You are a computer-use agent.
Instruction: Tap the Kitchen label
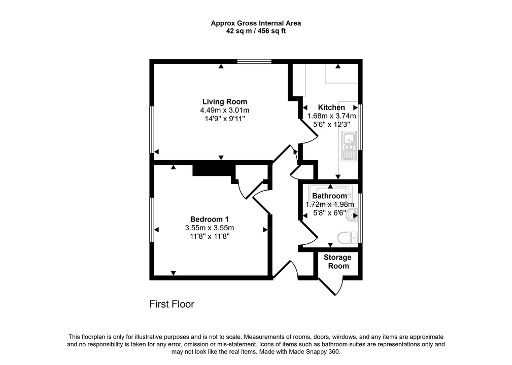point(331,107)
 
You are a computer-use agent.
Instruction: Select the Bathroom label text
point(329,196)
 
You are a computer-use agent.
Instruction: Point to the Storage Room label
point(338,262)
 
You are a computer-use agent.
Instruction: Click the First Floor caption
point(172,304)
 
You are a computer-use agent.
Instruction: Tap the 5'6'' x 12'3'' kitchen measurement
point(331,124)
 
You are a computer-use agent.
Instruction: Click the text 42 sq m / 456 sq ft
point(256,31)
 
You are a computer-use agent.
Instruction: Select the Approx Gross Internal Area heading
point(256,23)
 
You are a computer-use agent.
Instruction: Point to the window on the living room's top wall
point(254,62)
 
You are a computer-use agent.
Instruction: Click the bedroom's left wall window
point(151,219)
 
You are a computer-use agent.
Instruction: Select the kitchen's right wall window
point(360,127)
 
